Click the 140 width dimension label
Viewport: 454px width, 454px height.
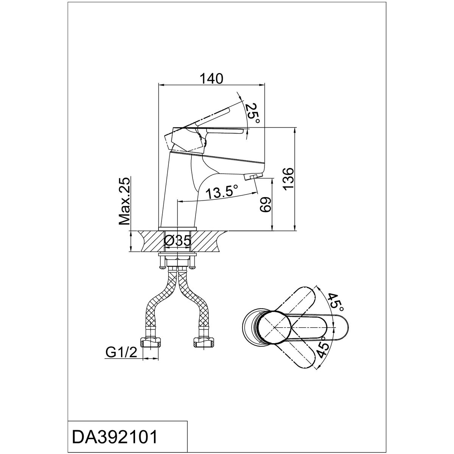click(211, 79)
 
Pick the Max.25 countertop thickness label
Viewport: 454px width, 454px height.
click(124, 201)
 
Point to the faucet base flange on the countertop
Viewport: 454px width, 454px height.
click(177, 229)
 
